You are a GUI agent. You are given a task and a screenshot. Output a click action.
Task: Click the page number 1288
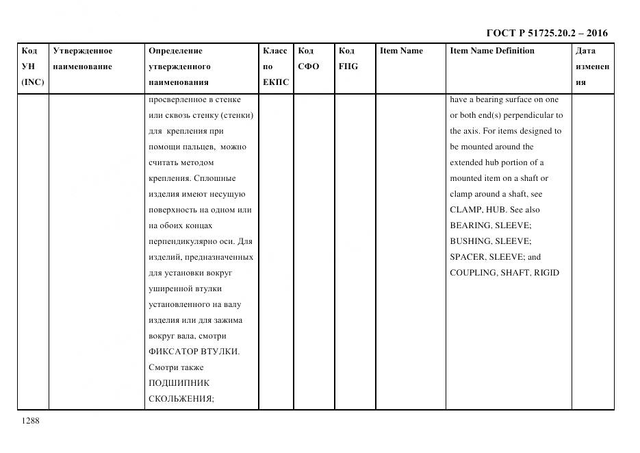point(31,421)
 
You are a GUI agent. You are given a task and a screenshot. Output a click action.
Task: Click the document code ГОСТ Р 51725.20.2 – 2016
point(546,33)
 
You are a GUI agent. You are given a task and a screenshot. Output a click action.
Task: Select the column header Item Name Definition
point(491,51)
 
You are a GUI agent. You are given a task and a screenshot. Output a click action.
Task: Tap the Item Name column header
point(401,51)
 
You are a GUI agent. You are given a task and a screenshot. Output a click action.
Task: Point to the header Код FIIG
point(348,58)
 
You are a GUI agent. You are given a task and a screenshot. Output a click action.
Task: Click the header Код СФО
point(308,58)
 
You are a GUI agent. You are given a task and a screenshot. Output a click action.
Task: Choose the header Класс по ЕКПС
point(275,66)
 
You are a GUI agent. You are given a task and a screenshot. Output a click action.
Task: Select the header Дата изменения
point(592,66)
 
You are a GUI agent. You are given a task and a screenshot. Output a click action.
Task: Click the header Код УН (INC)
point(33,66)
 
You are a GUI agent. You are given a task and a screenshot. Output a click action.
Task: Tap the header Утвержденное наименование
point(82,58)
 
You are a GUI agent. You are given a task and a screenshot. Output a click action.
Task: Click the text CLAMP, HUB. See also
point(494,210)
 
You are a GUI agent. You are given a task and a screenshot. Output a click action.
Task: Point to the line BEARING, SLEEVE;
point(490,225)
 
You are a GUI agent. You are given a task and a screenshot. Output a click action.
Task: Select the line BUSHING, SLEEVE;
point(490,241)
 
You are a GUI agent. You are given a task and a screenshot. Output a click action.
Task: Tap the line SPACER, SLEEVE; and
point(495,257)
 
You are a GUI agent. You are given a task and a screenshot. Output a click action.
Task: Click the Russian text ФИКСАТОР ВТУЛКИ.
point(194,352)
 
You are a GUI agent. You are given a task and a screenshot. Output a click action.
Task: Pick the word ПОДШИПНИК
point(179,383)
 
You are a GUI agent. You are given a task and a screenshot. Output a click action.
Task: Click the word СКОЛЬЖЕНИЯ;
point(181,399)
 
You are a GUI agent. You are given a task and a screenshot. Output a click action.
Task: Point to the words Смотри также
point(176,367)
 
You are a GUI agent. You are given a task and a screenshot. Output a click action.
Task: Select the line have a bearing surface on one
point(504,99)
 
